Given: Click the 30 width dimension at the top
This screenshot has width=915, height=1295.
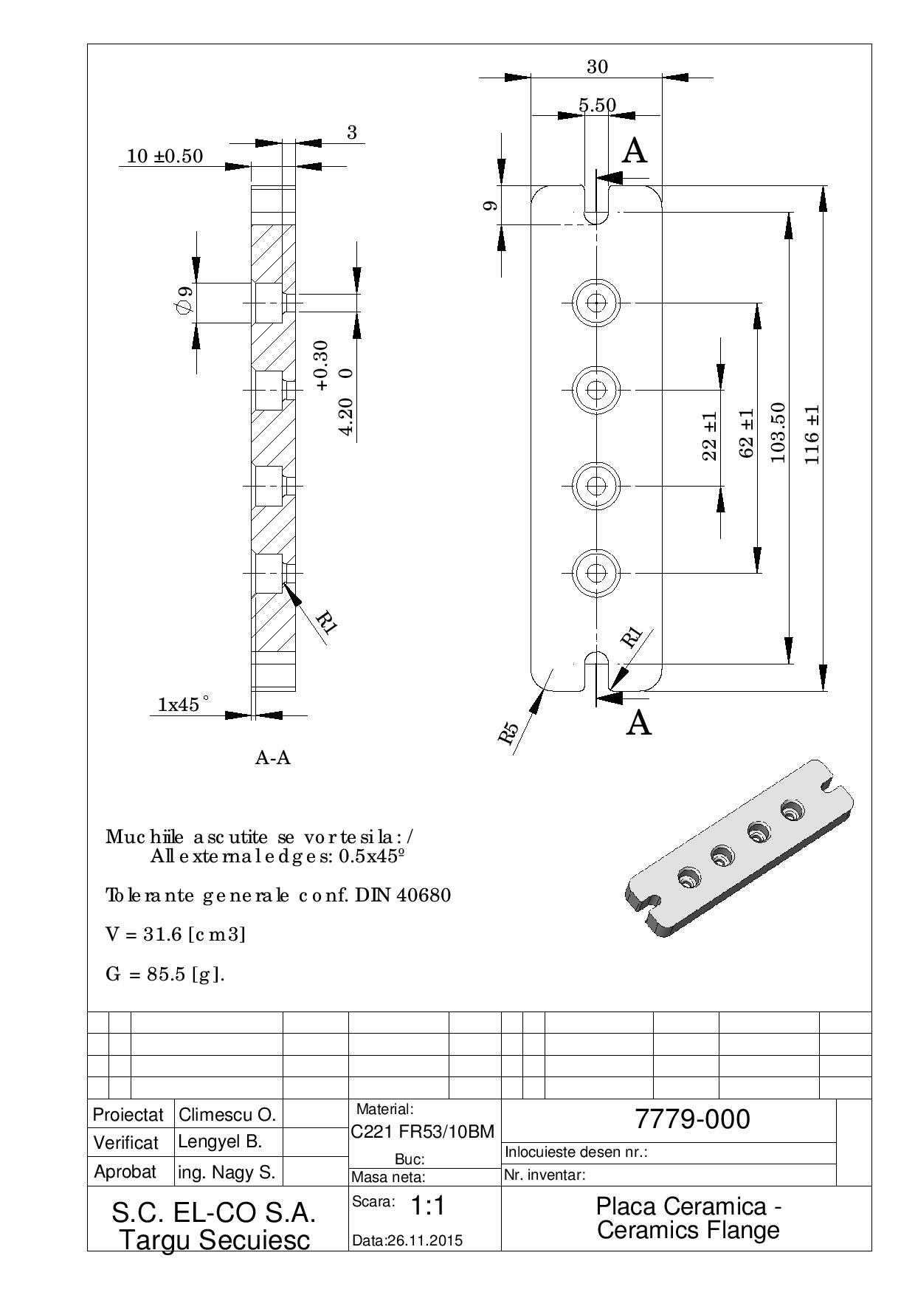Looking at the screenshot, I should tap(597, 66).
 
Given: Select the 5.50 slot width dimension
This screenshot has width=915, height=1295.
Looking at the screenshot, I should tap(597, 106).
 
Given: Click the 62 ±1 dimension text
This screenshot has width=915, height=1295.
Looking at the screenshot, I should tap(746, 434).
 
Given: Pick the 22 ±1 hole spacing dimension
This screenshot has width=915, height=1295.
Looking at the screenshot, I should tap(709, 436).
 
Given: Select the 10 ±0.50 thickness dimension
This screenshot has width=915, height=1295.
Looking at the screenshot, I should tap(165, 156).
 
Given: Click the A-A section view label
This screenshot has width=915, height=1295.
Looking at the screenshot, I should tap(273, 758).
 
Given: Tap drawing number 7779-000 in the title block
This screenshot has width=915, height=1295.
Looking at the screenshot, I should tap(692, 1119).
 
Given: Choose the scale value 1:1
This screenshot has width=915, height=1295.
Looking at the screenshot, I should tap(427, 1206).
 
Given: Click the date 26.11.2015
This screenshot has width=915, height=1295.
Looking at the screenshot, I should tap(407, 1240).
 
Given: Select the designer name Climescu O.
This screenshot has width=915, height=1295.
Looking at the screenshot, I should tap(227, 1114).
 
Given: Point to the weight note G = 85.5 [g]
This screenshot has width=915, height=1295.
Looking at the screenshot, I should tap(165, 975).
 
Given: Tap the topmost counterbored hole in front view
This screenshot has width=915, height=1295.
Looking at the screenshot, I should tap(596, 303).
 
